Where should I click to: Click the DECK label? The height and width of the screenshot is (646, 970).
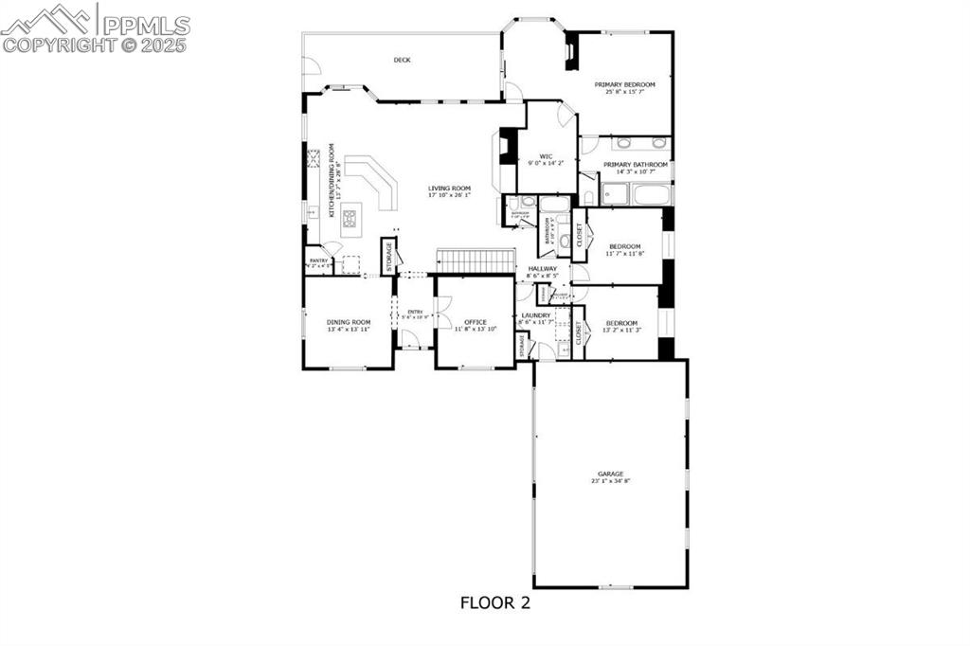[x=403, y=60]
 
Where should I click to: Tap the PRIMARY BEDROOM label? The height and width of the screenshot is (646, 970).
[x=624, y=84]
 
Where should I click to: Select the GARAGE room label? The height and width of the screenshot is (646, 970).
[x=610, y=474]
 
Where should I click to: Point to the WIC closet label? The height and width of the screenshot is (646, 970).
[x=546, y=156]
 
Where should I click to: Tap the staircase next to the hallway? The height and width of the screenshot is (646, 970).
[x=474, y=259]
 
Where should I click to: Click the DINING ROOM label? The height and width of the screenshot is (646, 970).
[x=348, y=322]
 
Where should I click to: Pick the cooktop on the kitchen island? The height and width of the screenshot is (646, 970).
[x=350, y=220]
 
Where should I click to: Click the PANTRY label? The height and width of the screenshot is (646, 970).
[x=317, y=260]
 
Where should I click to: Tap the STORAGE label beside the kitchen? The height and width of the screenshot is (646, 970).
[x=387, y=257]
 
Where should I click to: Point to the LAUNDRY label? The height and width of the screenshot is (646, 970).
[x=536, y=315]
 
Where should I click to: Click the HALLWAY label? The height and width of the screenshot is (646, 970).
[x=543, y=269]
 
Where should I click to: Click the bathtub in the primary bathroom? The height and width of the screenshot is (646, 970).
[x=652, y=196]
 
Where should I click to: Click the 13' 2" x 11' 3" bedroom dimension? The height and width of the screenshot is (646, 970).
[x=622, y=330]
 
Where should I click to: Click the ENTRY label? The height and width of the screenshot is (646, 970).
[x=415, y=312]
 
